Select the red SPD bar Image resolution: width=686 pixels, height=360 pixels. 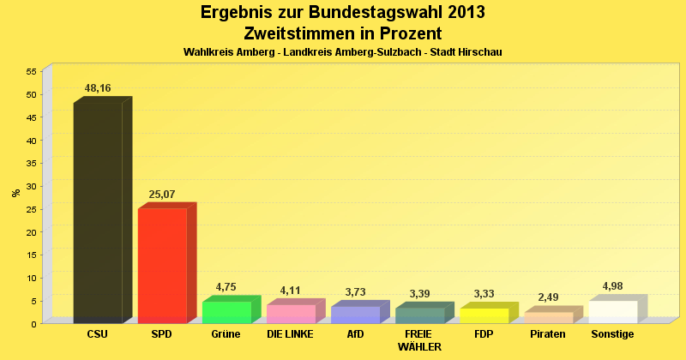coord(162,266)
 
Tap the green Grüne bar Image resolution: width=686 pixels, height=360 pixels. coord(226,312)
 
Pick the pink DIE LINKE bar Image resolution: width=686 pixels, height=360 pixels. coord(291,314)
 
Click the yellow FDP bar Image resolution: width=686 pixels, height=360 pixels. coord(484,315)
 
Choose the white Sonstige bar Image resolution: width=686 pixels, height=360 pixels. coord(613,312)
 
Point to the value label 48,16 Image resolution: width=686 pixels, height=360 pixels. coord(98,88)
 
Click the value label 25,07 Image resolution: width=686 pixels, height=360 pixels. coord(162,195)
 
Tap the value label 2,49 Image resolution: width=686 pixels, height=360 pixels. coord(548,297)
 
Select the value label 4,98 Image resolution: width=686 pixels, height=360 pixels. coord(612,286)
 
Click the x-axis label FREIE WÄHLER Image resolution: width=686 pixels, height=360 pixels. coord(419,340)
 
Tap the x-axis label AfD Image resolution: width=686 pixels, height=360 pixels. coord(355,334)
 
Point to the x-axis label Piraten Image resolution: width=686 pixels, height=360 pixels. coord(548,334)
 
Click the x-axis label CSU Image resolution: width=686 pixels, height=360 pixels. coord(98,334)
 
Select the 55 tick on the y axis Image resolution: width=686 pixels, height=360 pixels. coord(31,71)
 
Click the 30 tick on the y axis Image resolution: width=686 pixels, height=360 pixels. coord(31,186)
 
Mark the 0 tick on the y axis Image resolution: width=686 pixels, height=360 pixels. coord(33,324)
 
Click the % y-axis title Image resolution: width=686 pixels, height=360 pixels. coord(15,193)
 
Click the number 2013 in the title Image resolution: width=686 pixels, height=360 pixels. coord(460,13)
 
